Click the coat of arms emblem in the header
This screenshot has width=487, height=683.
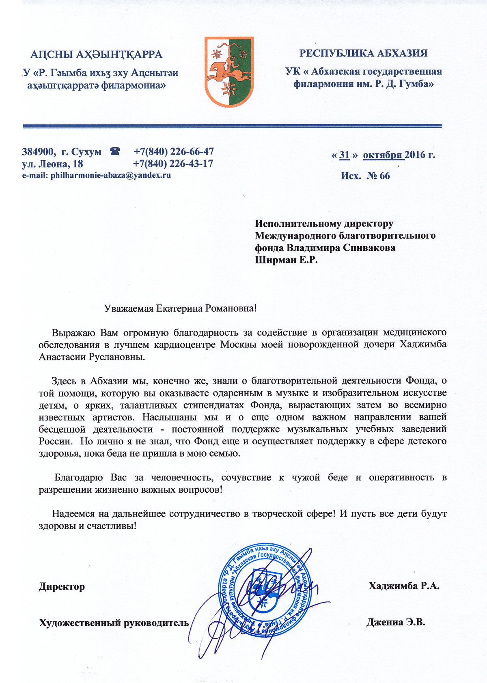point(229,72)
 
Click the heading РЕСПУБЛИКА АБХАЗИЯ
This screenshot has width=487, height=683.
point(363,53)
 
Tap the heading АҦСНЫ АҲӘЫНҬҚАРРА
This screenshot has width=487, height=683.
point(97,54)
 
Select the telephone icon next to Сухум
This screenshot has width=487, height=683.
point(115,152)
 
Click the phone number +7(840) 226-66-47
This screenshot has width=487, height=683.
point(174,152)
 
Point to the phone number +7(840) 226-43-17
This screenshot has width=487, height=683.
point(173,164)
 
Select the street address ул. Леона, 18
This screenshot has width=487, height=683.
point(52,164)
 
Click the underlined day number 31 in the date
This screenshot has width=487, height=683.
point(344,155)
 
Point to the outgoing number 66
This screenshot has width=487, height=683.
point(384,175)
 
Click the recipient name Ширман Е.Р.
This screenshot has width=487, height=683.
point(286,260)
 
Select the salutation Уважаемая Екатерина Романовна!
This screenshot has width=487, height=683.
point(181,308)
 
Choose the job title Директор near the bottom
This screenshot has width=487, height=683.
point(62,587)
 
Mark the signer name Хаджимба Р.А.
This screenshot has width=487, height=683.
point(404,586)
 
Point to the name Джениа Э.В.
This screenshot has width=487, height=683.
point(396,622)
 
